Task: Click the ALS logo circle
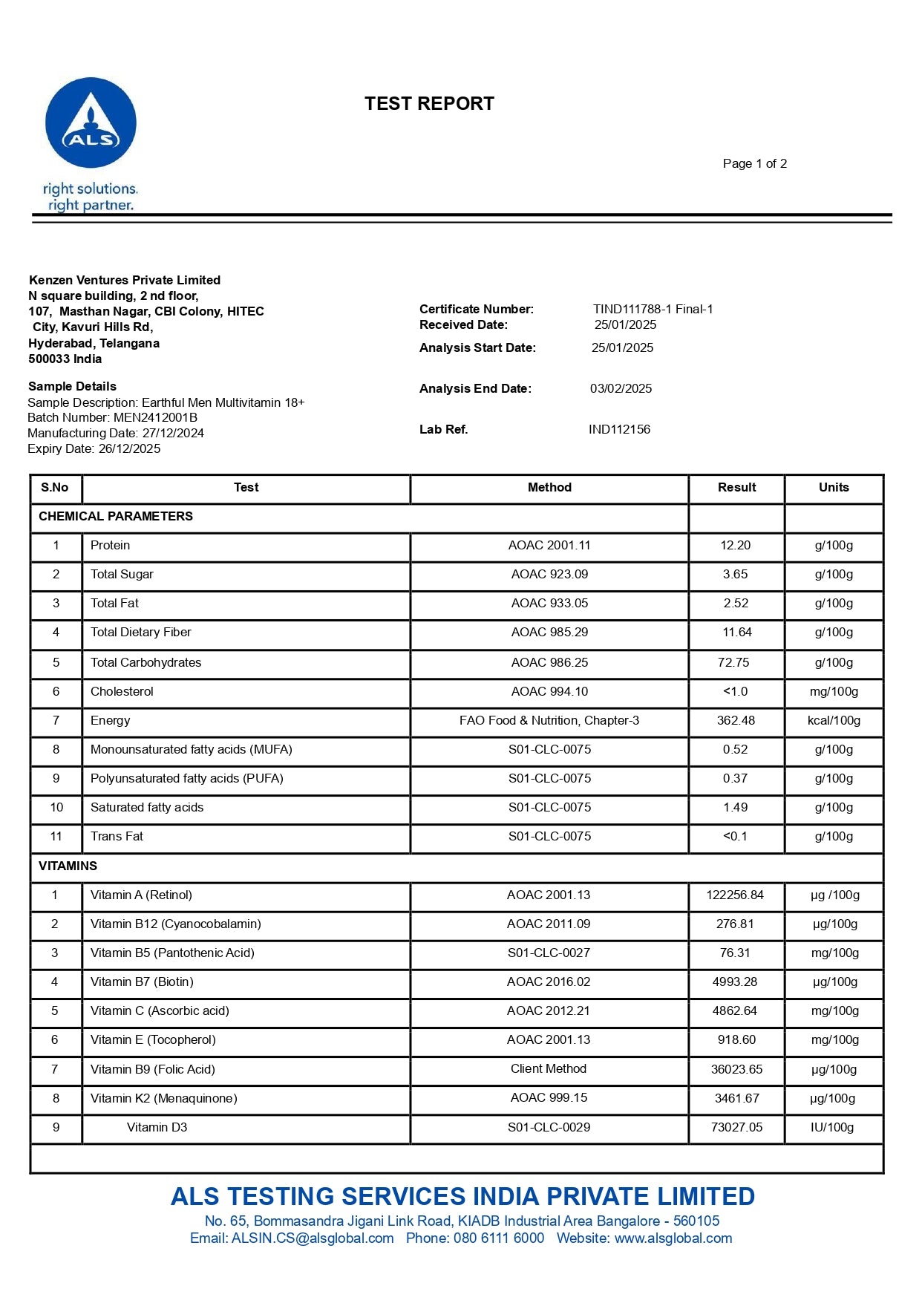(91, 123)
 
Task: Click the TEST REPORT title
(429, 103)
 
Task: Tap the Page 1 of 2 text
(754, 163)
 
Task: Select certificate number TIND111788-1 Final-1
(653, 309)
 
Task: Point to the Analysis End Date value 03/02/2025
(621, 388)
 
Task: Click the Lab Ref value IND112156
(619, 429)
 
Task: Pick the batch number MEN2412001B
(155, 417)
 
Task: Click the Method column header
(549, 487)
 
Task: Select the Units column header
(834, 487)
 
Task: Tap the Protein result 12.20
(735, 545)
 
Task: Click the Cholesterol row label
(122, 691)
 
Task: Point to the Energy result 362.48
(736, 720)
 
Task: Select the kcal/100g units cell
(834, 720)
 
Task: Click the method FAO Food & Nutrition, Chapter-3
(549, 720)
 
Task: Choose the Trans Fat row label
(117, 836)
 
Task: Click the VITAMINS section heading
(68, 866)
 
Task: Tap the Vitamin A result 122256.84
(735, 895)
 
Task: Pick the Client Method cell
(549, 1068)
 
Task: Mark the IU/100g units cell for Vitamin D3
(832, 1127)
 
